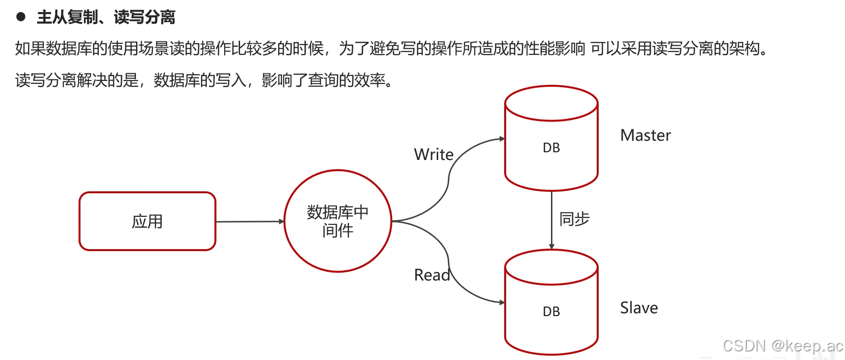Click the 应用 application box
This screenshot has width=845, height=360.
click(147, 221)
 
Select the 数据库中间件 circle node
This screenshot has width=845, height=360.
click(337, 221)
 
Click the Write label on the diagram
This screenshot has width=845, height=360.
click(433, 155)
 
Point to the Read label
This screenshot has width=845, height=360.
click(431, 275)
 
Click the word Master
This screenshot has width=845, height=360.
click(645, 135)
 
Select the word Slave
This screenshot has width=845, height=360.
click(639, 308)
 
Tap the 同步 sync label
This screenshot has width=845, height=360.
click(574, 219)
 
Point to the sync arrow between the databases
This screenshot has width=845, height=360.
click(551, 219)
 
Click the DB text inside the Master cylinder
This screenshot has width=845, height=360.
click(551, 148)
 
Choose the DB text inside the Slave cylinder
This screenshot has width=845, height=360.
click(551, 312)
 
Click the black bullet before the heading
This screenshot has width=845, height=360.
click(21, 17)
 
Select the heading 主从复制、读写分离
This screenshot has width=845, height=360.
click(106, 17)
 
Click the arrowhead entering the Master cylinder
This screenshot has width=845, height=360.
click(502, 139)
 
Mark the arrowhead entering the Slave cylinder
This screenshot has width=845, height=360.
click(502, 303)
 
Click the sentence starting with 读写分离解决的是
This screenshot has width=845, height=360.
click(205, 80)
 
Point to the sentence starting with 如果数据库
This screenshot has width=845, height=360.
click(390, 48)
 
